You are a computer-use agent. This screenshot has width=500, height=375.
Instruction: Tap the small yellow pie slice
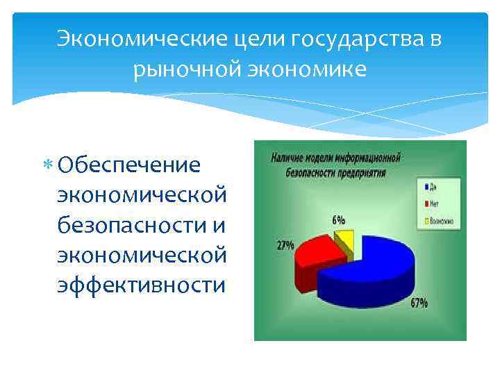[345, 240]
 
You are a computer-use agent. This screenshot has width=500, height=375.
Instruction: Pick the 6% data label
[340, 219]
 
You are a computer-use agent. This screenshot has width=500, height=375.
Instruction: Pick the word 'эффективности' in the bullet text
[142, 285]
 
